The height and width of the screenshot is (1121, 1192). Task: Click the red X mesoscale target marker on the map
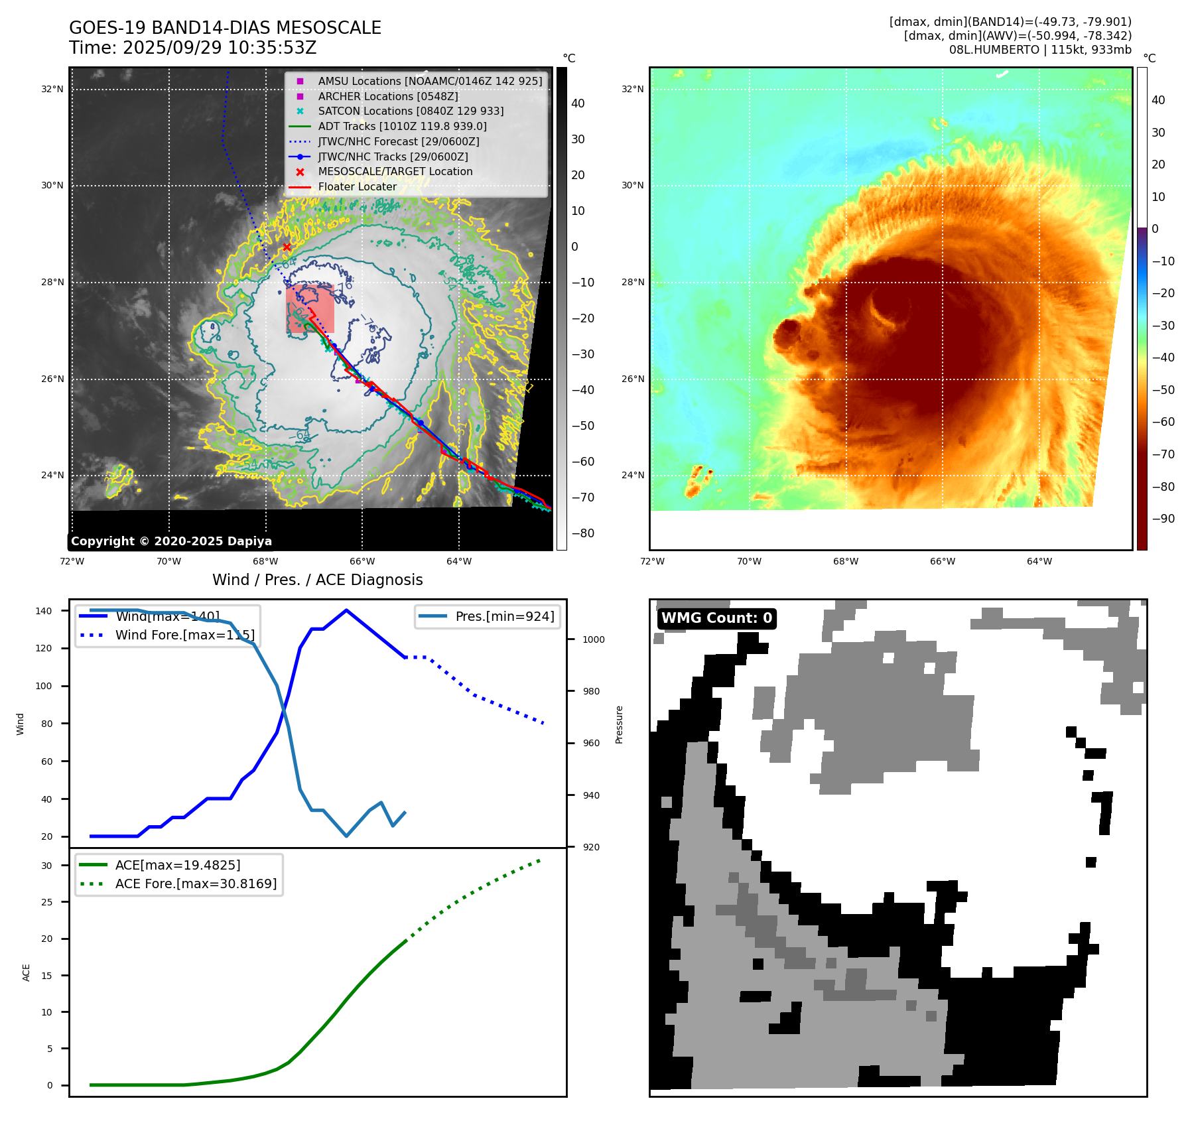(287, 247)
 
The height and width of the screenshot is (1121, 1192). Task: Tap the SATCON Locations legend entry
(411, 111)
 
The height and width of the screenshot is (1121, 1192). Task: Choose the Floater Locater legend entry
(357, 186)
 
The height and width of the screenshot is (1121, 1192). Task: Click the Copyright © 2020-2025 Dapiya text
(171, 541)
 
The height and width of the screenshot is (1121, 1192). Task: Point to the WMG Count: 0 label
(716, 618)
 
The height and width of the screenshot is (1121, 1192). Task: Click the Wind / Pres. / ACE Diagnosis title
(317, 580)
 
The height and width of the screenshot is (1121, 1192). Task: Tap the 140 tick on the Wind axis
(44, 611)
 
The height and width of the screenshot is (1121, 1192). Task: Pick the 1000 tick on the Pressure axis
(593, 639)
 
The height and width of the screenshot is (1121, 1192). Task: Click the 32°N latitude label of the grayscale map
(52, 89)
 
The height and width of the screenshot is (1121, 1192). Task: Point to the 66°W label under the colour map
(942, 561)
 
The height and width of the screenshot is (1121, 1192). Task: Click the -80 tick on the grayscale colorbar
(583, 533)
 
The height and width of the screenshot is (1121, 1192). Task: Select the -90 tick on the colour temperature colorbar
(1163, 519)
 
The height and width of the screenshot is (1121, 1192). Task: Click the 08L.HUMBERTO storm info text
(1039, 50)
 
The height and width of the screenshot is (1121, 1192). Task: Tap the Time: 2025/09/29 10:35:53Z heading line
(192, 48)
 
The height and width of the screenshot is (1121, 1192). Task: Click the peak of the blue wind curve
(346, 610)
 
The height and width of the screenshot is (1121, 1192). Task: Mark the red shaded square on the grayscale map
(310, 309)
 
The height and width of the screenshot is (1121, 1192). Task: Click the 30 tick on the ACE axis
(46, 866)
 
